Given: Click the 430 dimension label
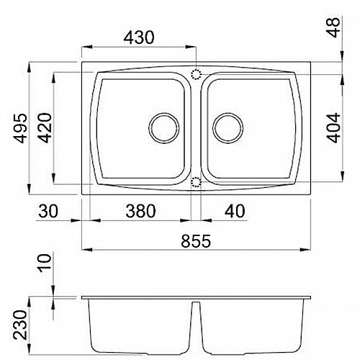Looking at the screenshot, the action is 139,37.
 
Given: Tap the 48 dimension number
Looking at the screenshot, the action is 333,27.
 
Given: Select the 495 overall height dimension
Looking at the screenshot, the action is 20,128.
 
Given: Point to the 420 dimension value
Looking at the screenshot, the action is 45,128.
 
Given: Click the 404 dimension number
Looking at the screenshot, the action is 333,127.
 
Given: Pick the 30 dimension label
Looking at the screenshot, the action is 48,211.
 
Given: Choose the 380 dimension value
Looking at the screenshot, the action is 141,211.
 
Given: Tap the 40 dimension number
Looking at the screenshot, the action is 235,211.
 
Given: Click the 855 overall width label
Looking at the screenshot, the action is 196,241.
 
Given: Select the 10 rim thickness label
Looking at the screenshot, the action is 45,263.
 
